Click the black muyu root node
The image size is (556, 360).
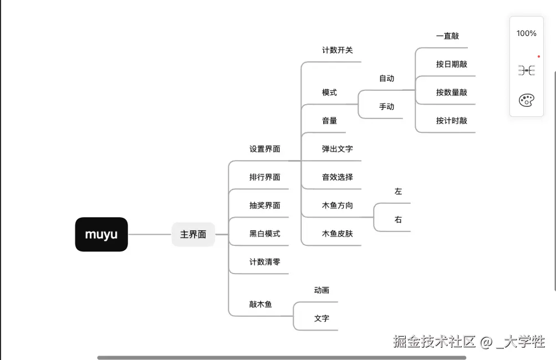tap(101, 234)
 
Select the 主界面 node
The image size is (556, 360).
tap(193, 234)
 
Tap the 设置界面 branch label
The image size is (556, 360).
tap(264, 149)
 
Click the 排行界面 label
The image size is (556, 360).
tap(264, 177)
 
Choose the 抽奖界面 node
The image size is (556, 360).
tap(264, 205)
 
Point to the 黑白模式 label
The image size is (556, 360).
tap(264, 234)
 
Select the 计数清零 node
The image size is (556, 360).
tap(264, 262)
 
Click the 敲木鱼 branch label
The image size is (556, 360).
tap(261, 304)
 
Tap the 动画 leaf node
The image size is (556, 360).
tap(322, 290)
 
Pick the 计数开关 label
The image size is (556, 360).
tap(337, 50)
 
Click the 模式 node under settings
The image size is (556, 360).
tap(329, 92)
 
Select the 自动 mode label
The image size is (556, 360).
tap(386, 79)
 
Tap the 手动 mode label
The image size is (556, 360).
tap(386, 107)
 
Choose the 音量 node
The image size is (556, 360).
tap(329, 121)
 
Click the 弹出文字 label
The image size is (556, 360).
tap(337, 149)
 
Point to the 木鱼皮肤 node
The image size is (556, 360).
tap(337, 234)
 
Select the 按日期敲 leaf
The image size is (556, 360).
tap(451, 64)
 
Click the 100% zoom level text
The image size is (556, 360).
tap(526, 33)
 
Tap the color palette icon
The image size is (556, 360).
tap(526, 100)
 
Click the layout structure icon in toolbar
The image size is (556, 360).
tap(526, 70)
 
